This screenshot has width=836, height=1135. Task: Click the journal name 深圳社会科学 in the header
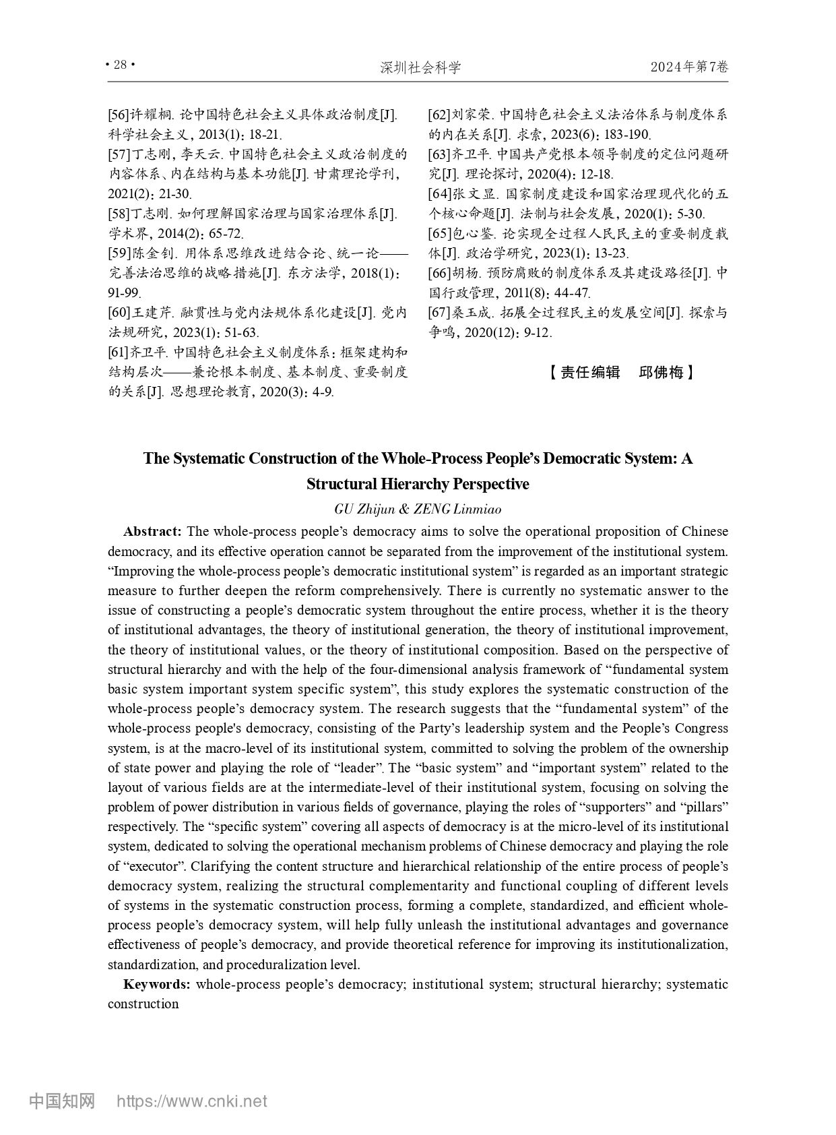coord(420,67)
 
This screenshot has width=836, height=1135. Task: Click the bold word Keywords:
coord(156,985)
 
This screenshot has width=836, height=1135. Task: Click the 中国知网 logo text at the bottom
coord(62,1101)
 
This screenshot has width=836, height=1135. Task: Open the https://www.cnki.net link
coord(192,1102)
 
